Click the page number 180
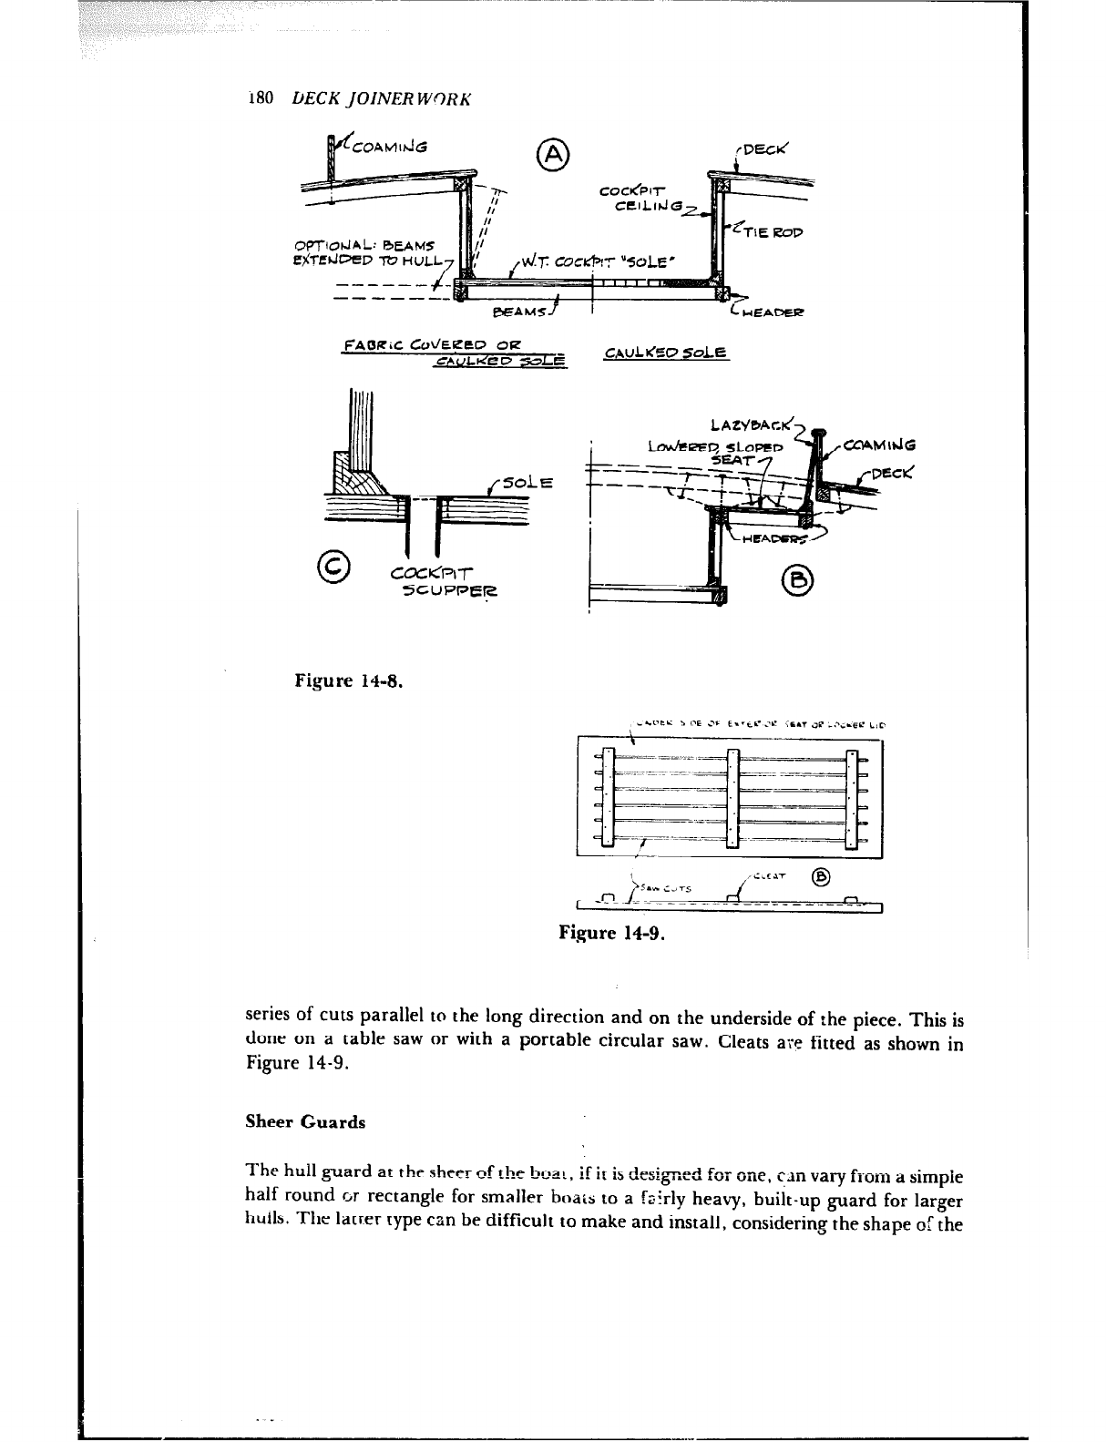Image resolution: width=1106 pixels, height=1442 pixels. [260, 98]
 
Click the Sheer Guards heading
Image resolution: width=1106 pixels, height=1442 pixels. [305, 1122]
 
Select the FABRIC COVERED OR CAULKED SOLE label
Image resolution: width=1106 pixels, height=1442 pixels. [452, 353]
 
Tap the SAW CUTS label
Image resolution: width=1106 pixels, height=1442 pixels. [667, 886]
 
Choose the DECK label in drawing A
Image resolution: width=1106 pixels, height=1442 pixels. [769, 149]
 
